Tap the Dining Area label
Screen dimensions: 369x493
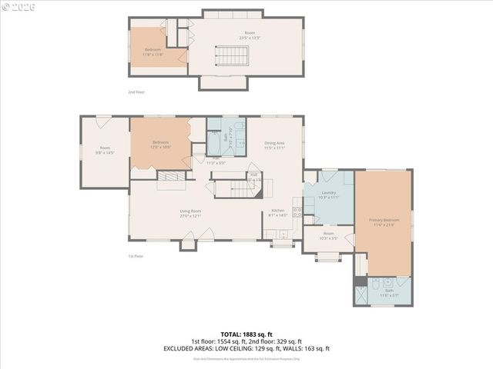[x=275, y=145]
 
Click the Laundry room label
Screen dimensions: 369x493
[x=329, y=195]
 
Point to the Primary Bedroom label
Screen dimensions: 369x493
[x=384, y=221]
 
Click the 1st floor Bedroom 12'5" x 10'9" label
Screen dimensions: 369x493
[x=160, y=144]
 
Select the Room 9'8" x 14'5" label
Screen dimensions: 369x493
[x=104, y=150]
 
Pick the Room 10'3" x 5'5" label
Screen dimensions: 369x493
[x=329, y=235]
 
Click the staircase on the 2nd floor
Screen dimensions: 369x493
[x=232, y=56]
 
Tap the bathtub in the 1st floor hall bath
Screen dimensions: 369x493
[x=213, y=147]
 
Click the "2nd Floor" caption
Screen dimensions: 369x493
[x=136, y=92]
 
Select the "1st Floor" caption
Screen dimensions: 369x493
[x=136, y=256]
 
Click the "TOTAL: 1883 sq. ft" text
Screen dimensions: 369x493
[x=246, y=334]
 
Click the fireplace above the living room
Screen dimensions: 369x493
[x=172, y=178]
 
